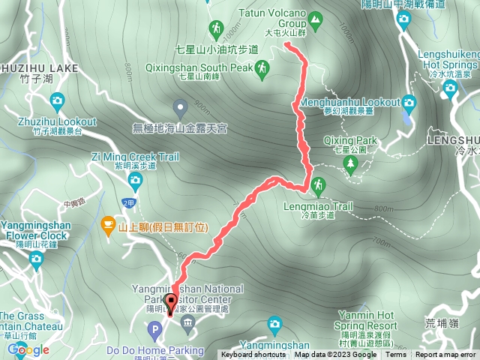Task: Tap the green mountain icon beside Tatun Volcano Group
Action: (x=315, y=18)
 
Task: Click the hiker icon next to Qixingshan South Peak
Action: (x=262, y=70)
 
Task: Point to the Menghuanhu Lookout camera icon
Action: (x=409, y=102)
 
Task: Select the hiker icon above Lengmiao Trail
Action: (x=318, y=184)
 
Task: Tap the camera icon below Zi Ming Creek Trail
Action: (x=135, y=179)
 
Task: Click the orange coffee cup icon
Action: (x=108, y=224)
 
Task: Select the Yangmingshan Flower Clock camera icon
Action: (x=36, y=259)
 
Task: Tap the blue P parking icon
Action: (x=155, y=328)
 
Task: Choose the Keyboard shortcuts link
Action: (x=254, y=355)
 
